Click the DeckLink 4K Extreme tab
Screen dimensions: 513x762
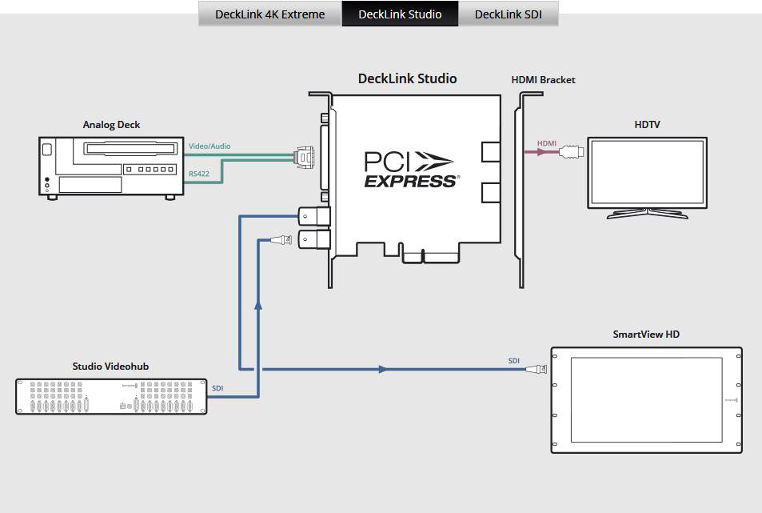coord(269,14)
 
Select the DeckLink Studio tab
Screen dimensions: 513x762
coord(400,14)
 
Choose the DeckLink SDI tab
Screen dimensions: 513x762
coord(508,14)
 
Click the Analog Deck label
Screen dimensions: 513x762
coord(112,125)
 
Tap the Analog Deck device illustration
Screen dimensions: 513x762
coord(111,166)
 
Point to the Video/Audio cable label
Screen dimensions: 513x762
coord(209,146)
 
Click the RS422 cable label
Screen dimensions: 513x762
coord(199,174)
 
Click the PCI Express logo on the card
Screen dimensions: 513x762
coord(410,170)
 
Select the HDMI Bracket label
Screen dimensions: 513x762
coord(543,80)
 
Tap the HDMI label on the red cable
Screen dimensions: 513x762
coord(547,144)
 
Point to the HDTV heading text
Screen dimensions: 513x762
coord(647,125)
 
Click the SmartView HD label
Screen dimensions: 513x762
coord(646,335)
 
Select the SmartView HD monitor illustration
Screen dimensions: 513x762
coord(646,400)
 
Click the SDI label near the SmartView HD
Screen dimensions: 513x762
coord(513,361)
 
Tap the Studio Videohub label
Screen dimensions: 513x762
coord(110,367)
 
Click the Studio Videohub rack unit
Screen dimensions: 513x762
coord(111,396)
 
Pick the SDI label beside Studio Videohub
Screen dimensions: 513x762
coord(217,388)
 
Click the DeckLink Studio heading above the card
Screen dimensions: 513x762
coord(407,78)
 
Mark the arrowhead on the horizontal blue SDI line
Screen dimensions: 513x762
coord(384,370)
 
